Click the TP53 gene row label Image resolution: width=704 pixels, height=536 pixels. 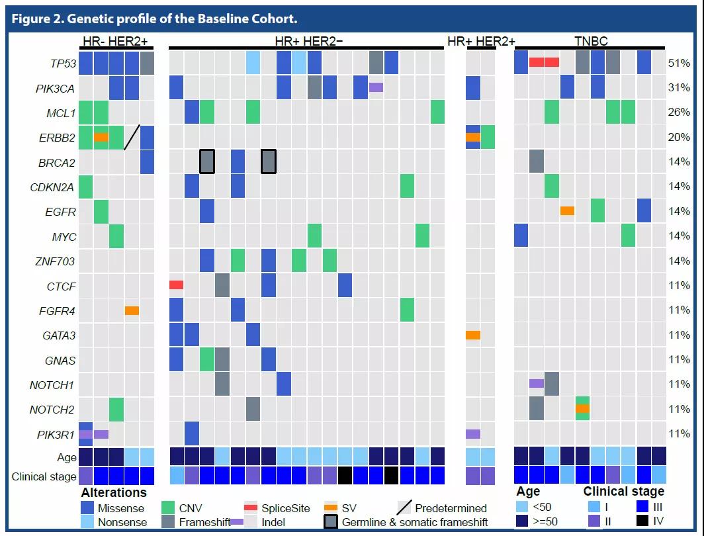(64, 64)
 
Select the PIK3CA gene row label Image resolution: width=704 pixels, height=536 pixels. (56, 88)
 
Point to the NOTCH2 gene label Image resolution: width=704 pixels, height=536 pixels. (52, 410)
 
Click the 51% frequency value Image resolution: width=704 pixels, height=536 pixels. (679, 64)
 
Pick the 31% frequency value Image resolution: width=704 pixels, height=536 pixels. (679, 88)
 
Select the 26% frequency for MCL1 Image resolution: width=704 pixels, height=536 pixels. (679, 112)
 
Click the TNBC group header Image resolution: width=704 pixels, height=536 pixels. (591, 42)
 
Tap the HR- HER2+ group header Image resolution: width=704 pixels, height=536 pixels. (115, 42)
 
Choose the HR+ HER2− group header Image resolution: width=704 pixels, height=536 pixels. (308, 42)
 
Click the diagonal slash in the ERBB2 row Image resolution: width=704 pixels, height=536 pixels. (132, 137)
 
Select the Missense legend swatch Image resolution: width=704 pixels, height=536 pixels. (86, 508)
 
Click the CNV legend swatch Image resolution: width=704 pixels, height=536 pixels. (169, 508)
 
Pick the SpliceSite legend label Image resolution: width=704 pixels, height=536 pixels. (285, 508)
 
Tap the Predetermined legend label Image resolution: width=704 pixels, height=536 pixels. (451, 508)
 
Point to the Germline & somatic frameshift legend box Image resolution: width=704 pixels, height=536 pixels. (332, 521)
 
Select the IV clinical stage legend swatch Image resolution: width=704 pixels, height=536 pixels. (641, 521)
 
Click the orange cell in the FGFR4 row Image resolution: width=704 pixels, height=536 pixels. (132, 310)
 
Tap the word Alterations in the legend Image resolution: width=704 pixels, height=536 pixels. (113, 492)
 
